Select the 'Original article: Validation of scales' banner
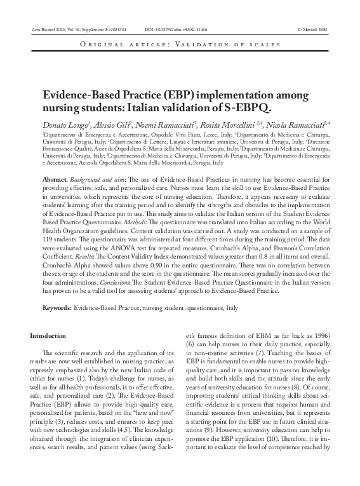tap(179, 44)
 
